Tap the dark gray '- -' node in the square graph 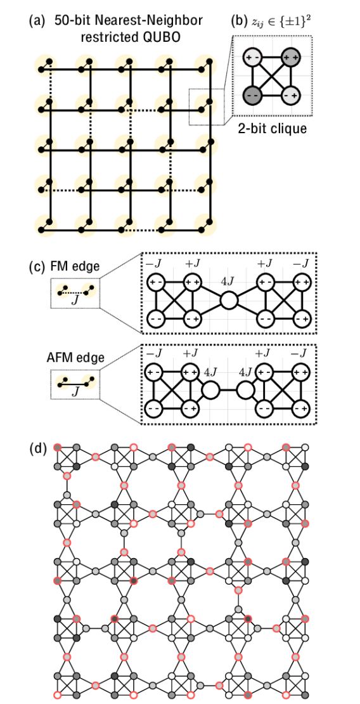(254, 95)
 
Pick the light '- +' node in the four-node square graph (291, 95)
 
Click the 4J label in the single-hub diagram (228, 281)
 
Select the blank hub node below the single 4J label (229, 300)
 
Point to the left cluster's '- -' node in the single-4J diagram (156, 318)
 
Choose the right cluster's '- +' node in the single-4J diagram (302, 318)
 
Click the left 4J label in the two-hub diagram (210, 372)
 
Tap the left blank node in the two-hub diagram (210, 390)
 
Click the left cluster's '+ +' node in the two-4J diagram (190, 372)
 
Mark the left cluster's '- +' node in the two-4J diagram (190, 409)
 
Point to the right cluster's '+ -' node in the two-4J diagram (266, 372)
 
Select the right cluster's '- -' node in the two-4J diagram (266, 409)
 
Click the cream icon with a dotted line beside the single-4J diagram (63, 290)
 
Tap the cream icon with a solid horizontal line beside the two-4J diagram (63, 382)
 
